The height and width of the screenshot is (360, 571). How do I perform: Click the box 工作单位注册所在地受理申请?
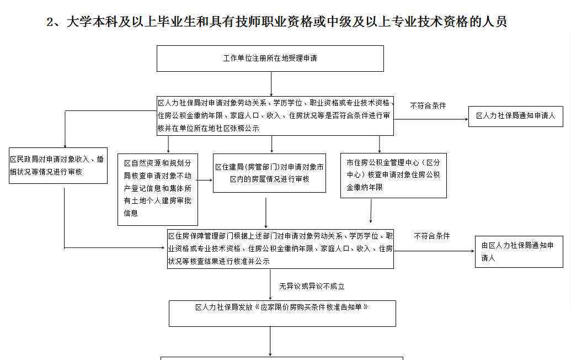click(x=270, y=59)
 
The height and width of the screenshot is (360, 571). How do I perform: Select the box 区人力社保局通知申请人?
click(x=516, y=117)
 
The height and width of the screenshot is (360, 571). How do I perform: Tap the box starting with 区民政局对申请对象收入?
click(x=58, y=166)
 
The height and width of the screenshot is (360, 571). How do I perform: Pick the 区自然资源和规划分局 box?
click(x=158, y=189)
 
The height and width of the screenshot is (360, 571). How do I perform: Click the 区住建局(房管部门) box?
click(x=269, y=173)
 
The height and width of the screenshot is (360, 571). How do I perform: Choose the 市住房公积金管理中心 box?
click(x=394, y=176)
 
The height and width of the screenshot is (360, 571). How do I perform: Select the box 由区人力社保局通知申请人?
click(x=519, y=252)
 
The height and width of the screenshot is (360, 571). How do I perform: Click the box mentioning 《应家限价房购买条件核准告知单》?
click(x=282, y=314)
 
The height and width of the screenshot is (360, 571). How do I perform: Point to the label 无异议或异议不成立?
click(x=312, y=287)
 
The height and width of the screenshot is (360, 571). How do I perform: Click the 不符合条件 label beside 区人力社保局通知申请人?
click(x=428, y=105)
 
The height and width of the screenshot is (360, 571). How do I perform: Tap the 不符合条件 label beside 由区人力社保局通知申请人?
click(x=432, y=236)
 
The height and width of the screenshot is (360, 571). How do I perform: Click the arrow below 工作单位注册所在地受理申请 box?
click(x=271, y=84)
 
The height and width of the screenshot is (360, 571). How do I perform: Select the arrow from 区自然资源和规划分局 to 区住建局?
click(x=205, y=180)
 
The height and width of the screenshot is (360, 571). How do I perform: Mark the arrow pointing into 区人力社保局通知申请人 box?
click(x=431, y=119)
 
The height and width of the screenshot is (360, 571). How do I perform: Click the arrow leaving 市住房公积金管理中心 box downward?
click(x=371, y=210)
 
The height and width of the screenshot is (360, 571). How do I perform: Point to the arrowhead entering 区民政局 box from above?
click(x=65, y=145)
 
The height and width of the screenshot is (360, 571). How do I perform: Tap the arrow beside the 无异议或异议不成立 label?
click(x=270, y=284)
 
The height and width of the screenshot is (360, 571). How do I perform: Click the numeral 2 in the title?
click(x=50, y=22)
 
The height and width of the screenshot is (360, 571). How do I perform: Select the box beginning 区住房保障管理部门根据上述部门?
click(x=280, y=249)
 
